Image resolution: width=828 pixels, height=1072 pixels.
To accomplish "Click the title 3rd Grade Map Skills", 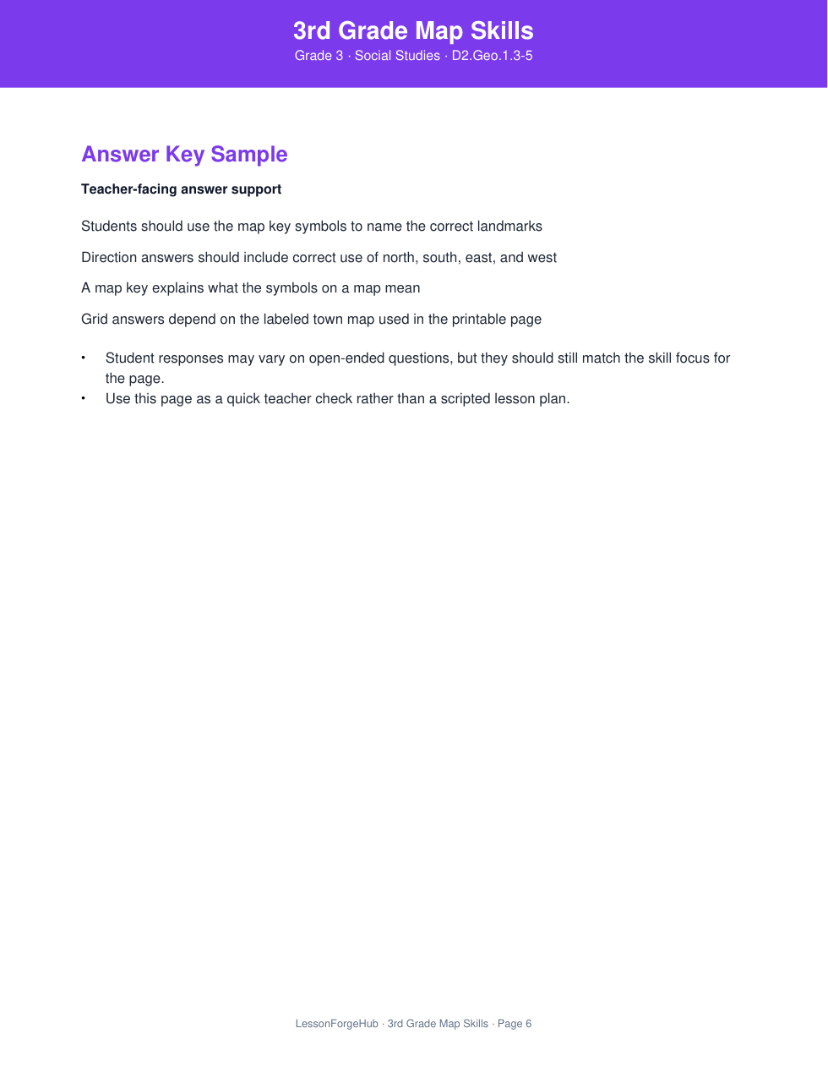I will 413,30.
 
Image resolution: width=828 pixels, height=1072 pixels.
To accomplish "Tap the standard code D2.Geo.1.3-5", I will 492,56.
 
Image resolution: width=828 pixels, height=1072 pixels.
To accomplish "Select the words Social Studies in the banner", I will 397,56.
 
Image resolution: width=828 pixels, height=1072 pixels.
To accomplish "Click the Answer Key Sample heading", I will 184,154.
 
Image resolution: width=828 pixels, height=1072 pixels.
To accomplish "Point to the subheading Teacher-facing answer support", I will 181,189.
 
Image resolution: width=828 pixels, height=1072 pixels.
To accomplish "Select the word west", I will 542,258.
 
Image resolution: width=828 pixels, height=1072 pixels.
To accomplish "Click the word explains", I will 177,288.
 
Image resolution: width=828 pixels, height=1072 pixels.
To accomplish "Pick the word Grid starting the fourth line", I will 94,320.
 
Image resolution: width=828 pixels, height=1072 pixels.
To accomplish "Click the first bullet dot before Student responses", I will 84,358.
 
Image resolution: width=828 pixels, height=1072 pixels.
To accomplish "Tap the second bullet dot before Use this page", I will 84,398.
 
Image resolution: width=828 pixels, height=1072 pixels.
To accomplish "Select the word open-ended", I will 346,358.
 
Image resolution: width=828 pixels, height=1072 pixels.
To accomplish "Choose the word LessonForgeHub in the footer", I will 336,1024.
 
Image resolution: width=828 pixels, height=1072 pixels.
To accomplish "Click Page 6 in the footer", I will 515,1024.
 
